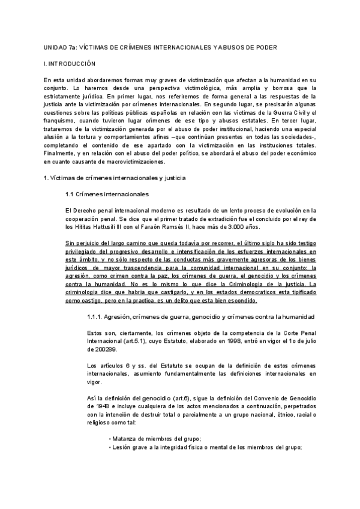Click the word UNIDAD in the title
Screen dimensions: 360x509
(55, 47)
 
